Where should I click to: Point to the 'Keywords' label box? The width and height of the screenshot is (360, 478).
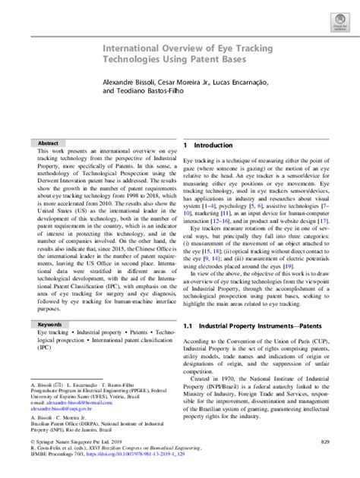click(49, 323)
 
